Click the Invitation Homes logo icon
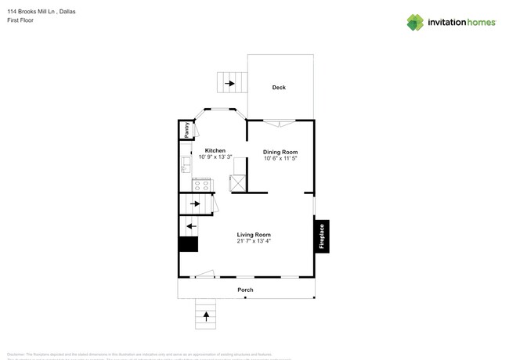[x=415, y=23]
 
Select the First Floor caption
[x=20, y=20]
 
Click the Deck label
[x=279, y=88]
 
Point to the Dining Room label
[x=280, y=152]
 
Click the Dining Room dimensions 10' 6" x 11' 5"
[x=280, y=159]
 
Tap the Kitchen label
[x=215, y=150]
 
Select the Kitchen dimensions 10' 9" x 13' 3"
[x=215, y=157]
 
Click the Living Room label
[x=254, y=235]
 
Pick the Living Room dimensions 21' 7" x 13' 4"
[x=254, y=242]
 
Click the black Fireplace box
[x=321, y=237]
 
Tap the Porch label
[x=245, y=290]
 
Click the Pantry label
[x=186, y=130]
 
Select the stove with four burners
[x=202, y=185]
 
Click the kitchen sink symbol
[x=186, y=165]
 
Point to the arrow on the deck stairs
[x=230, y=82]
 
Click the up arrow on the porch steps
[x=207, y=316]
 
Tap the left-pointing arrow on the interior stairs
[x=191, y=226]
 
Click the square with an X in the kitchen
[x=236, y=183]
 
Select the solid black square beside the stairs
[x=188, y=244]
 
